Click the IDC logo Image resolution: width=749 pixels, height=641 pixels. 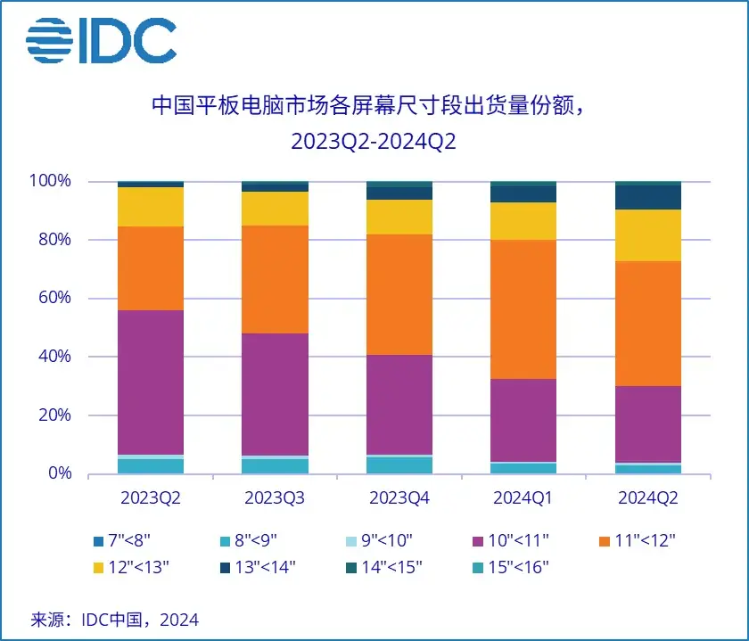[101, 40]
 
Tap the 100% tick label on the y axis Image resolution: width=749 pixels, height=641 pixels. [51, 181]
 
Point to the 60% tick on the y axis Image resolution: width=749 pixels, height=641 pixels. [54, 298]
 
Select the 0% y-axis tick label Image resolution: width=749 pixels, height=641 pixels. [59, 473]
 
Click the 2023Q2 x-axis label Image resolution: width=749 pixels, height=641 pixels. [150, 498]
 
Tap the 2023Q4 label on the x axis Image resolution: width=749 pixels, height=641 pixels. [399, 498]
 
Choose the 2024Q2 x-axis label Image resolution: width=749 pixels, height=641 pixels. [648, 498]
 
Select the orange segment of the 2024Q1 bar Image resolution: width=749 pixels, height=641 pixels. [523, 309]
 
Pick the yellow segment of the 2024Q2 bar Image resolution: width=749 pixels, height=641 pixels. [648, 235]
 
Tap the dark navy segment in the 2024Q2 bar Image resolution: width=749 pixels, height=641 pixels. [648, 197]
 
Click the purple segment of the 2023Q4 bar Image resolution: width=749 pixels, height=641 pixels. [399, 405]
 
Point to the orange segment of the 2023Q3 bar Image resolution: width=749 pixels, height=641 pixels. [276, 279]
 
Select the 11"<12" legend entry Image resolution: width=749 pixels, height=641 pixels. [638, 540]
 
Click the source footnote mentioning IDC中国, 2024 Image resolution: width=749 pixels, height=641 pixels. [115, 619]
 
